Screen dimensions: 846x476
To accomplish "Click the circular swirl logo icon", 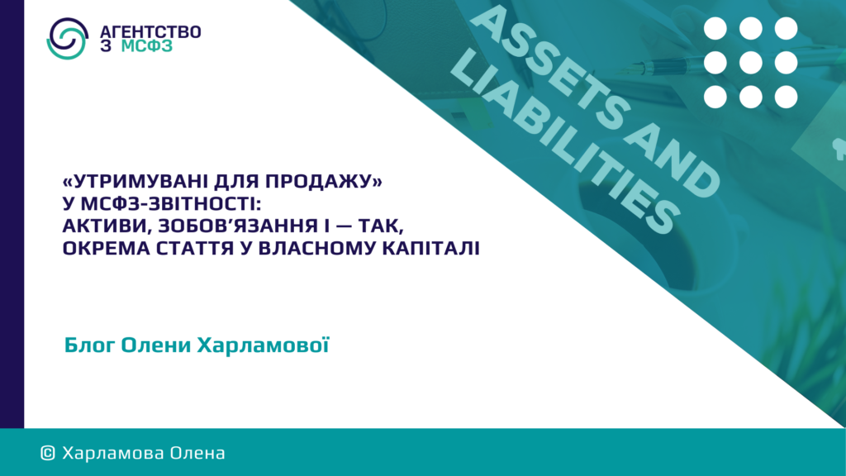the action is coord(68,38).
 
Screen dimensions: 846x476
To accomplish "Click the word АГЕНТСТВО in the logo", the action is coord(150,32).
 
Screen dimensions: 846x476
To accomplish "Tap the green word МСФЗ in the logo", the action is coord(147,46).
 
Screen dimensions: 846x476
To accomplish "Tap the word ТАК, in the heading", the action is coord(382,226).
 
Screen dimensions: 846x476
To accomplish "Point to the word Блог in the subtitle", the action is coord(89,345).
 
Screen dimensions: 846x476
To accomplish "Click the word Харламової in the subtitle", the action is coord(263,345).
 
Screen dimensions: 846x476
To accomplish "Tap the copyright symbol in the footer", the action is coord(48,454).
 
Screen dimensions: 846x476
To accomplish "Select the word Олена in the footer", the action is coord(197,454).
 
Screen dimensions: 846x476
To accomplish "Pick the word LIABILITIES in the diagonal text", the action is coord(564,141).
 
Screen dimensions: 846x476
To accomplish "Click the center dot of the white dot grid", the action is coord(750,63).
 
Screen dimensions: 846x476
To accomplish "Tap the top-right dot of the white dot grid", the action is coord(787,29).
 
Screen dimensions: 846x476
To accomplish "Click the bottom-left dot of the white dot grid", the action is coord(715,98).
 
